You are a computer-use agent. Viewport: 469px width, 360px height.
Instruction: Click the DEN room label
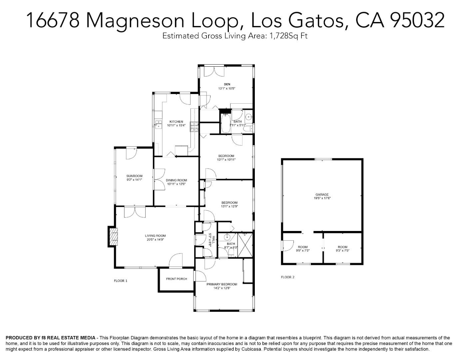[227, 84]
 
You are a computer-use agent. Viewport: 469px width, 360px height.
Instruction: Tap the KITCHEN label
[176, 122]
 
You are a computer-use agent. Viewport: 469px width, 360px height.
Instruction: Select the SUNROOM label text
[134, 176]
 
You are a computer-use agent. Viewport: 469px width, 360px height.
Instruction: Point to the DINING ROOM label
[177, 180]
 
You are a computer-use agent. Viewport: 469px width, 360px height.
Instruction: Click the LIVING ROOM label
[155, 236]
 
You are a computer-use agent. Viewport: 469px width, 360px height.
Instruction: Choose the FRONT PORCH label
[177, 279]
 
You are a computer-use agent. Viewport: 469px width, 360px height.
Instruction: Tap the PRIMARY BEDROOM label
[222, 284]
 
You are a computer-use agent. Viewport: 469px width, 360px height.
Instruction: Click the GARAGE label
[322, 195]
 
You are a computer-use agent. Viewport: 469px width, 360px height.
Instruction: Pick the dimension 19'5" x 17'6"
[322, 198]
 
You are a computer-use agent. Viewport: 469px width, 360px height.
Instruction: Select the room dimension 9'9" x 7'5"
[303, 251]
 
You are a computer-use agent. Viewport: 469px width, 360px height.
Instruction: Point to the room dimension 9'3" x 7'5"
[342, 251]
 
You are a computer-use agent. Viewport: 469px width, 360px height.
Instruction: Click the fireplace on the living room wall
[113, 236]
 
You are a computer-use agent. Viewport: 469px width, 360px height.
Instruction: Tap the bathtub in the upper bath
[226, 124]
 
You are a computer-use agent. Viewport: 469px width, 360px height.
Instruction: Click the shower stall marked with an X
[245, 245]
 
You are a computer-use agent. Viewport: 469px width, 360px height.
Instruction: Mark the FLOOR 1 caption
[121, 281]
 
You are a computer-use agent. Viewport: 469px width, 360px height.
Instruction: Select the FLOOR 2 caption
[288, 277]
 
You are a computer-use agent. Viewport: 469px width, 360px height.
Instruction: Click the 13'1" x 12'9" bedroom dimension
[230, 206]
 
